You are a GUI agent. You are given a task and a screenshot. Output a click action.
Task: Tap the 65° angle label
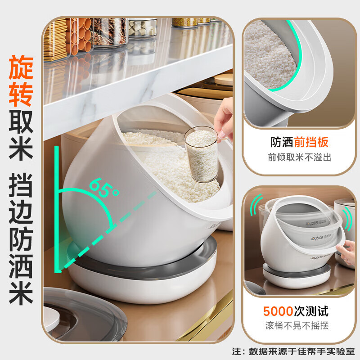point(103,188)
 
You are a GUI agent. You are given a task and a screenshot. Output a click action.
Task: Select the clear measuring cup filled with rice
point(201,155)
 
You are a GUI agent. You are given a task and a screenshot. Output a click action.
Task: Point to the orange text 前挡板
point(311,143)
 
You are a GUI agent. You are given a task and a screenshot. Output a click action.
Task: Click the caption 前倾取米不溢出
point(299,158)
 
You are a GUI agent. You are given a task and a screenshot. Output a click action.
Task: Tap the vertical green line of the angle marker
point(57,207)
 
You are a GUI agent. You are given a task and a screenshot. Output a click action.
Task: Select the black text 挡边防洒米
point(21,243)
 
